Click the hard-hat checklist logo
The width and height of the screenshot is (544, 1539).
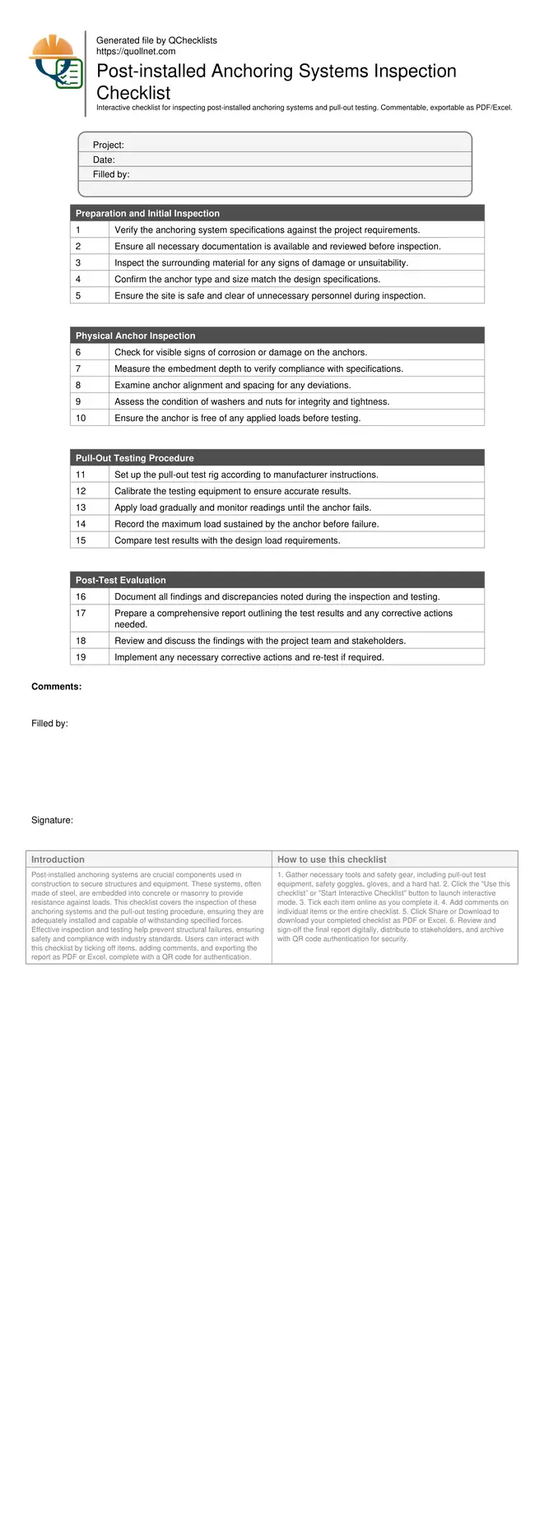pyautogui.click(x=55, y=63)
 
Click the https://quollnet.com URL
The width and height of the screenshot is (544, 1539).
pyautogui.click(x=136, y=51)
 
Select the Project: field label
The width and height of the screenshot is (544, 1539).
pyautogui.click(x=108, y=145)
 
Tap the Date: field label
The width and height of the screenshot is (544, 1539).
pyautogui.click(x=104, y=160)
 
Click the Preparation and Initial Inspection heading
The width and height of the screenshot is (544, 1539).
pyautogui.click(x=147, y=213)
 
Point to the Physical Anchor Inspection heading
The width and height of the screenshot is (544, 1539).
pyautogui.click(x=135, y=336)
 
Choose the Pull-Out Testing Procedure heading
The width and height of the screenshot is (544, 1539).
pyautogui.click(x=134, y=458)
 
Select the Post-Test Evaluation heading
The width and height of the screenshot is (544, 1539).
pyautogui.click(x=120, y=580)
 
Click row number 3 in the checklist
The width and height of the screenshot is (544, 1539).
pyautogui.click(x=78, y=263)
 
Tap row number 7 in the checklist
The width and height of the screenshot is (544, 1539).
pyautogui.click(x=78, y=369)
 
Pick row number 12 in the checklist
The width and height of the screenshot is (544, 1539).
pyautogui.click(x=81, y=491)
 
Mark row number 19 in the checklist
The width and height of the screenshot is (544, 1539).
pyautogui.click(x=81, y=657)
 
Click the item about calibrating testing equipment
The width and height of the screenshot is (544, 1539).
pyautogui.click(x=232, y=491)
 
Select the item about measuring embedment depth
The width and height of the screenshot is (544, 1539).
pyautogui.click(x=258, y=369)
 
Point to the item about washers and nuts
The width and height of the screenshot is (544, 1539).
pyautogui.click(x=252, y=401)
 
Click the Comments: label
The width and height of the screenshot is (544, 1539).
pyautogui.click(x=56, y=687)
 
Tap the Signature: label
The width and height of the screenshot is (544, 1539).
pyautogui.click(x=52, y=820)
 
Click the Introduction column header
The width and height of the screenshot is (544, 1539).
pyautogui.click(x=58, y=860)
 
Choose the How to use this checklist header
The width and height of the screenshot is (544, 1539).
pyautogui.click(x=332, y=860)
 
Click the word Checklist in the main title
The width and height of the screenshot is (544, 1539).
pyautogui.click(x=133, y=93)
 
